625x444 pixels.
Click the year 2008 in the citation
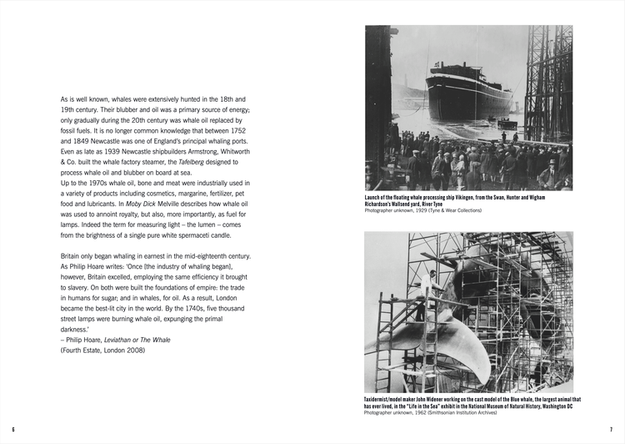(132, 350)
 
